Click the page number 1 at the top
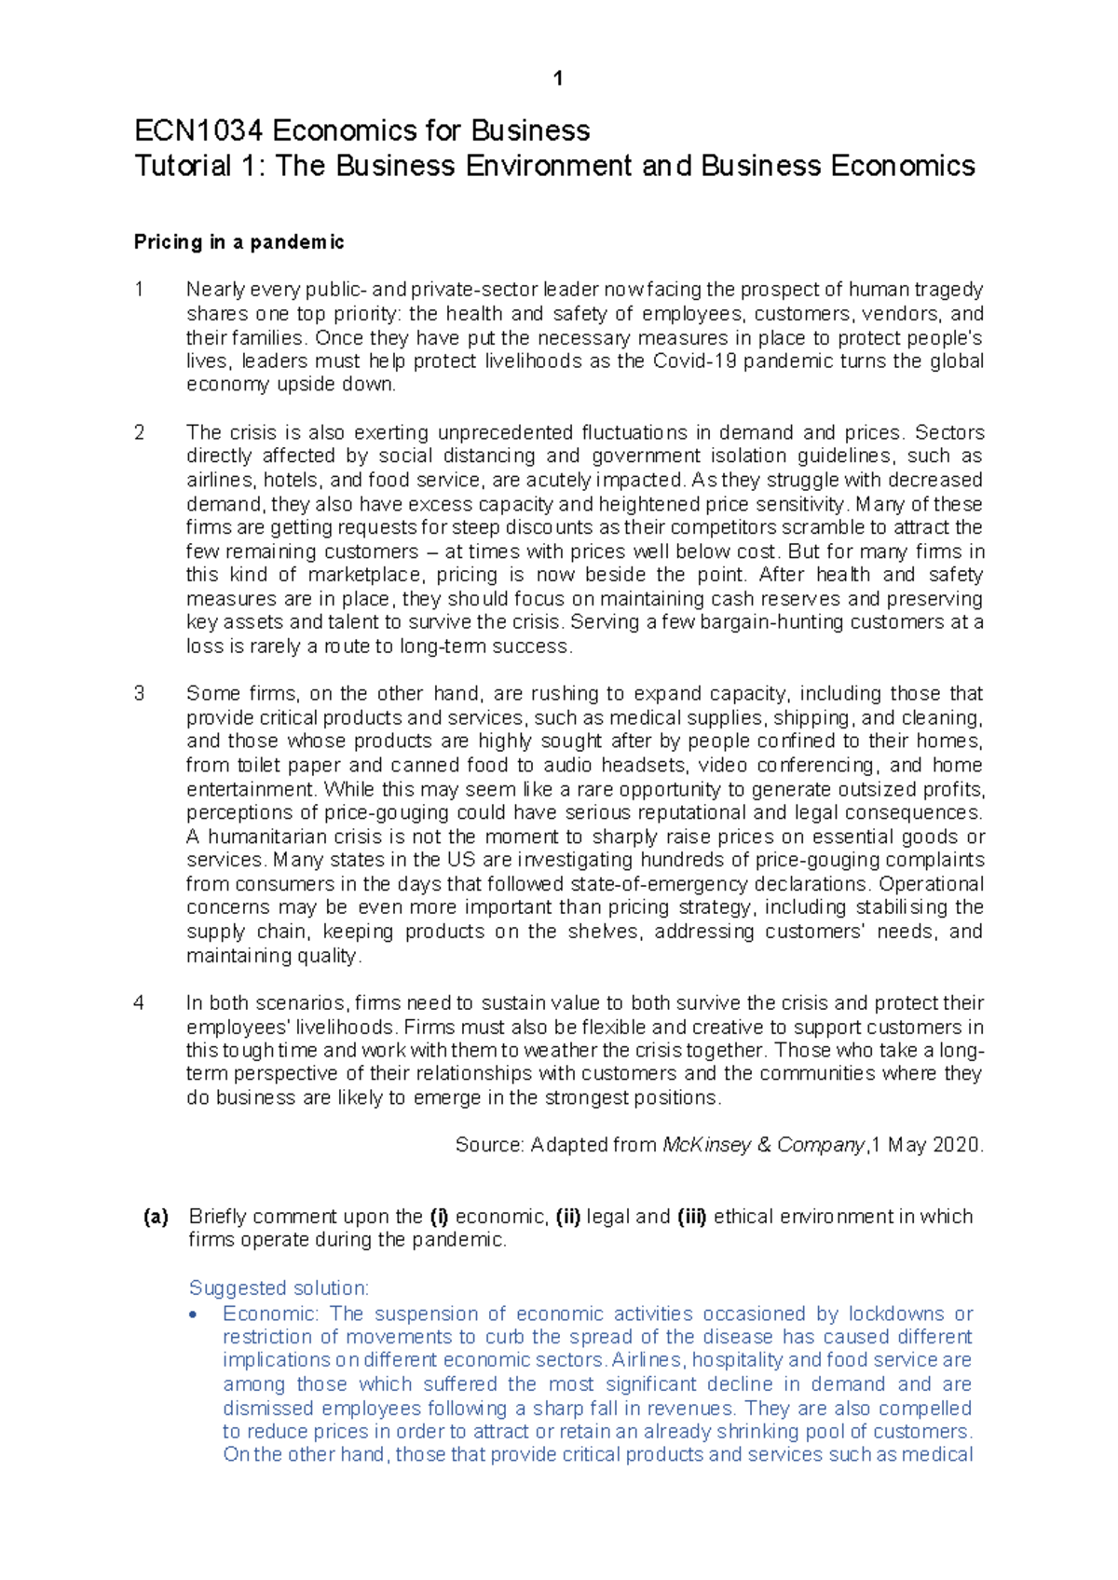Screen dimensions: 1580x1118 [x=557, y=79]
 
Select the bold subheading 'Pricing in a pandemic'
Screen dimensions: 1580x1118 [x=239, y=242]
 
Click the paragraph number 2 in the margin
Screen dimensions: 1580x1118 [x=140, y=432]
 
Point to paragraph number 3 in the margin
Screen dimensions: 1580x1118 [x=140, y=693]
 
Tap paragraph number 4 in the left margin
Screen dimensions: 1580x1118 [x=140, y=1003]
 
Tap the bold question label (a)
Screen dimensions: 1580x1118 [x=156, y=1217]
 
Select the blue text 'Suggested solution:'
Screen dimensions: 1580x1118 [x=279, y=1288]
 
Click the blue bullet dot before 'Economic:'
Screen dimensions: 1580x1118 [x=193, y=1315]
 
